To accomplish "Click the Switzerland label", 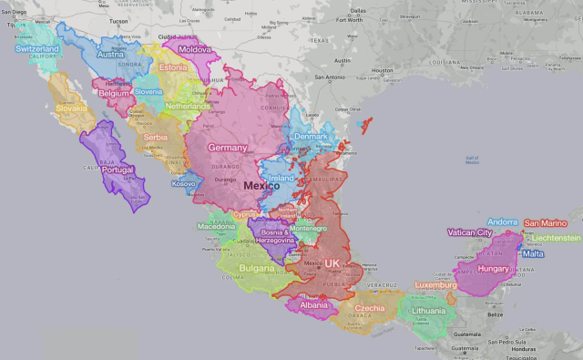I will point(37,48).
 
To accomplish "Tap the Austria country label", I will point(109,54).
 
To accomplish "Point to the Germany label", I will point(227,148).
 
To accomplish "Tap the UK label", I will point(332,262).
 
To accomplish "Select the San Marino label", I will point(546,222).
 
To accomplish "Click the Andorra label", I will point(503,221).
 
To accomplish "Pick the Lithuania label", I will point(428,311).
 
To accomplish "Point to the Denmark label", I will point(311,138).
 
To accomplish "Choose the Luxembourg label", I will point(435,284).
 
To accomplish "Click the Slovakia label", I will point(71,108).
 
